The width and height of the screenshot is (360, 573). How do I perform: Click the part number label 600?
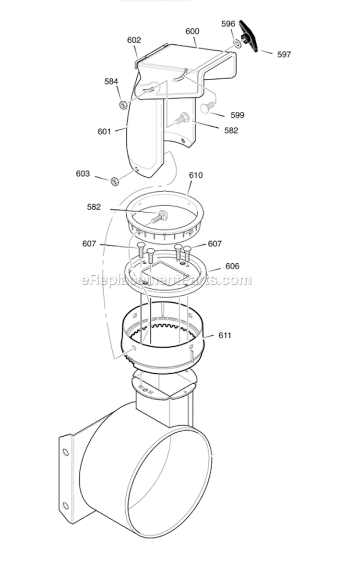pos(192,31)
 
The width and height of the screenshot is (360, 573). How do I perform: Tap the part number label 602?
pos(134,40)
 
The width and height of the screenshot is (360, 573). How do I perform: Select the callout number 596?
pos(228,23)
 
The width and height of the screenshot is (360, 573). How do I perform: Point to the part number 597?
pos(284,55)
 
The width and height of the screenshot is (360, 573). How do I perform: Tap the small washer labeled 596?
pos(238,44)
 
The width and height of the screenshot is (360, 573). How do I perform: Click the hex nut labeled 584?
pos(122,103)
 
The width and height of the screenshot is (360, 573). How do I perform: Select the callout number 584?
pos(111,82)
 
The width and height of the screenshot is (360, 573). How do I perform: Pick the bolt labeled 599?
pos(207,108)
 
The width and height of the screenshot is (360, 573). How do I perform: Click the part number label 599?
pos(237,115)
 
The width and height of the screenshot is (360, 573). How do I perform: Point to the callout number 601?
pos(104,131)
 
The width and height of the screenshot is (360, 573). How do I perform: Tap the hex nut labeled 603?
pos(115,181)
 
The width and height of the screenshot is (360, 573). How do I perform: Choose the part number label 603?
pos(83,173)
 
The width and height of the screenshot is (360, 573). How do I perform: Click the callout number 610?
pos(196,176)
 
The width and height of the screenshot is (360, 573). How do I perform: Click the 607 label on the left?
pos(89,244)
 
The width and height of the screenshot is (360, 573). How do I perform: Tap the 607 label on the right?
pos(215,244)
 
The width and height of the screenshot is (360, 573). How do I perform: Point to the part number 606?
pos(232,266)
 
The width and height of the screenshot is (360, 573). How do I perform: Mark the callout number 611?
pos(224,335)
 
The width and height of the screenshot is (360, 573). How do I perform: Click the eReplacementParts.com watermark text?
pos(166,280)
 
